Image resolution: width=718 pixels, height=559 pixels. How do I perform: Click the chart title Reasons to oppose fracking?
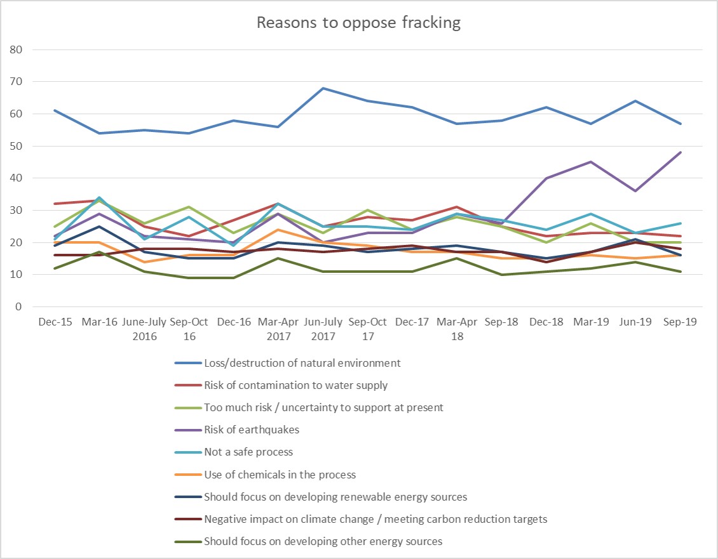[358, 23]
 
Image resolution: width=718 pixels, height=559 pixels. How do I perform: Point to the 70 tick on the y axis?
[16, 82]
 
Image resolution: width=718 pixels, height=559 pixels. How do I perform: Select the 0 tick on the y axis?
[18, 307]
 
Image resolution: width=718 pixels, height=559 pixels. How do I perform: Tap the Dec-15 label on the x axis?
[55, 322]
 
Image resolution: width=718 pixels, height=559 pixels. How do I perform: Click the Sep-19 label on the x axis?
[680, 322]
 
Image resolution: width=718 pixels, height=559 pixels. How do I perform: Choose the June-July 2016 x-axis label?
[145, 329]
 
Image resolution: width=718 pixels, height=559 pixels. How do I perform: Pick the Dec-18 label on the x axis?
[546, 322]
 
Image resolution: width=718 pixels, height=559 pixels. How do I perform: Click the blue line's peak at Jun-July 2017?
[323, 88]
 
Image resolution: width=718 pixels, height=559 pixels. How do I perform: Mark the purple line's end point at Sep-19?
[680, 152]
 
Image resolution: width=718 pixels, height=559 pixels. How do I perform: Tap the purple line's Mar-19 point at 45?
[591, 162]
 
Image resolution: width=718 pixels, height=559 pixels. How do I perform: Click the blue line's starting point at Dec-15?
[55, 110]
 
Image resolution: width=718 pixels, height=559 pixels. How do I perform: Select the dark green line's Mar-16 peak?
[100, 252]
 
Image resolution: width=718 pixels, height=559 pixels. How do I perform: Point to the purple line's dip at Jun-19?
[635, 191]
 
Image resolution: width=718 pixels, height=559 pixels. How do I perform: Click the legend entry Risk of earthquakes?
[251, 430]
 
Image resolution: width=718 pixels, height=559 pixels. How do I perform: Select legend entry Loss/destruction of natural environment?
[302, 364]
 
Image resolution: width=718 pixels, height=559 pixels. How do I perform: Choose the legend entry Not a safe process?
[248, 452]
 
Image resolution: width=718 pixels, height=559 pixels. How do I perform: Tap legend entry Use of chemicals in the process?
[280, 475]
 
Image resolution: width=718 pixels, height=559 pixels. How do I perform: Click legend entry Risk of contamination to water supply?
[295, 386]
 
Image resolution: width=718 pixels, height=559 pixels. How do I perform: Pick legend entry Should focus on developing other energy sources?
[323, 541]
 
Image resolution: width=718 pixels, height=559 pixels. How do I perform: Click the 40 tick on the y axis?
[16, 178]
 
